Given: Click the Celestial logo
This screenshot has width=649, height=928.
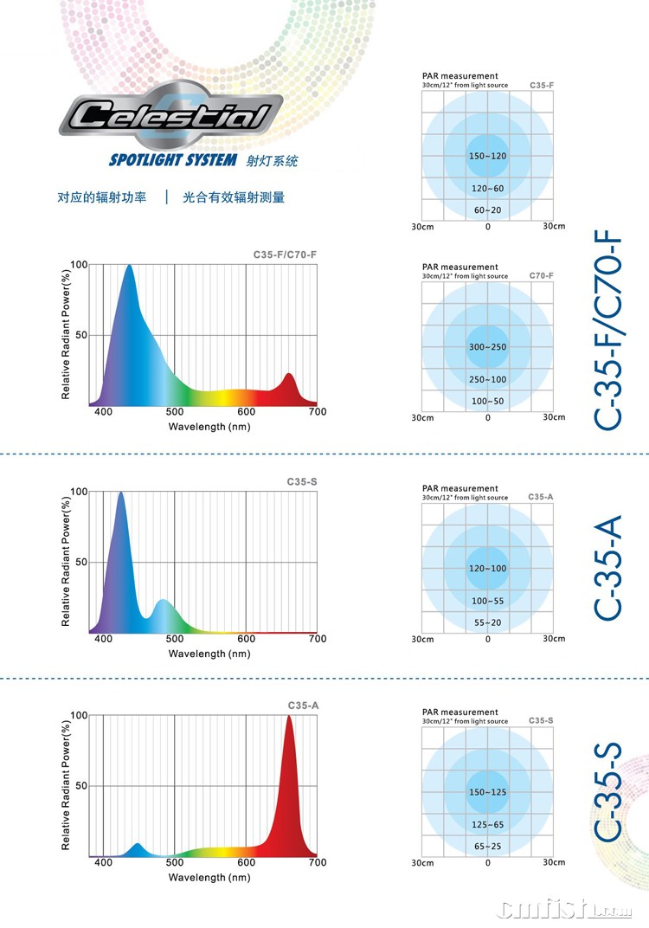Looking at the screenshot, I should [x=170, y=116].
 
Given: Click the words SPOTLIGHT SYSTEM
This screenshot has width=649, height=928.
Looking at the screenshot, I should [x=172, y=160].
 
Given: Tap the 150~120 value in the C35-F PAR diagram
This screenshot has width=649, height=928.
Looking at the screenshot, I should [x=487, y=156].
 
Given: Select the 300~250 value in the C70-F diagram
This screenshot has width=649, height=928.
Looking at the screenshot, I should [x=487, y=347].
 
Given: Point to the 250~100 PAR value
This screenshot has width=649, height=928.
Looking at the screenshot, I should [x=487, y=379].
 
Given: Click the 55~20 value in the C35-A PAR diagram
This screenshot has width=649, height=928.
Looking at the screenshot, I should [x=487, y=622].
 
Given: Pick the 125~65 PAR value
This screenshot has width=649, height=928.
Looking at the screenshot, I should [x=487, y=825].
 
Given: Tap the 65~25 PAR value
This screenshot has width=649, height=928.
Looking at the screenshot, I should [x=487, y=845].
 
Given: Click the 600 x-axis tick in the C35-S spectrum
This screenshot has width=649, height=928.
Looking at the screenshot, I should [x=247, y=640].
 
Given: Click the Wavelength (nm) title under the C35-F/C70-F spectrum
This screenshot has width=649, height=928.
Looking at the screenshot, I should [x=209, y=427].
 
